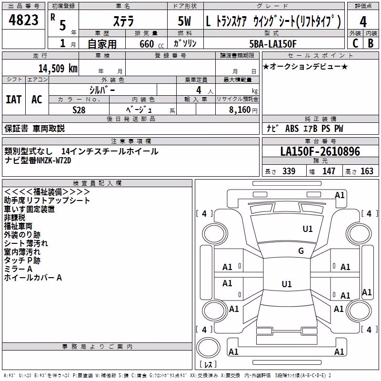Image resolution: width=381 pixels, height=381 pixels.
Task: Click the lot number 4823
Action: [x=23, y=20]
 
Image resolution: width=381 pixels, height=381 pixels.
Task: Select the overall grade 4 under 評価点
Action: [x=363, y=22]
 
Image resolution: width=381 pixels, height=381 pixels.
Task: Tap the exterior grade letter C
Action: [x=355, y=43]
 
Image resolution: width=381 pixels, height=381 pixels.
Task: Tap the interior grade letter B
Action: [x=371, y=43]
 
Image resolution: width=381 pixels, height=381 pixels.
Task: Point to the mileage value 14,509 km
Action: [x=58, y=69]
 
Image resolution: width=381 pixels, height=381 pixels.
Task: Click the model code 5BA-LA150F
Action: [x=273, y=44]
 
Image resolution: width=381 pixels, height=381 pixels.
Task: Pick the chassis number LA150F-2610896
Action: [x=320, y=151]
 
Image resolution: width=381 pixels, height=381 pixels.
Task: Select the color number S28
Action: [x=79, y=110]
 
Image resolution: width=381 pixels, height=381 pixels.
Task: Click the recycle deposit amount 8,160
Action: [x=240, y=110]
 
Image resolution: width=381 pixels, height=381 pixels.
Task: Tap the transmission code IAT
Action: [x=13, y=100]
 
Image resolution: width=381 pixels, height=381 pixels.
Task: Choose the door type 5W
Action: [x=184, y=21]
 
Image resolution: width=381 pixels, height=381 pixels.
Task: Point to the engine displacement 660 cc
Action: [x=151, y=44]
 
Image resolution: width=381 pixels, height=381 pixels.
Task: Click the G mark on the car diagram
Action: [x=301, y=251]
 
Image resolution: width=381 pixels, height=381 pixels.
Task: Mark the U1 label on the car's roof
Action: [x=287, y=284]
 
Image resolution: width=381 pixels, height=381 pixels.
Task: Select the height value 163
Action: [x=367, y=171]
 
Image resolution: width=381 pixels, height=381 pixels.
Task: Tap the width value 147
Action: [x=329, y=171]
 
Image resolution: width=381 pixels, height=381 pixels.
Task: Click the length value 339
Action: [x=289, y=171]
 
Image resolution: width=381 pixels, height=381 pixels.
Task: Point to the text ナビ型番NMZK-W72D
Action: [x=38, y=160]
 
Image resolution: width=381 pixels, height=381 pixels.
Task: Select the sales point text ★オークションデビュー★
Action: [x=305, y=67]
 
